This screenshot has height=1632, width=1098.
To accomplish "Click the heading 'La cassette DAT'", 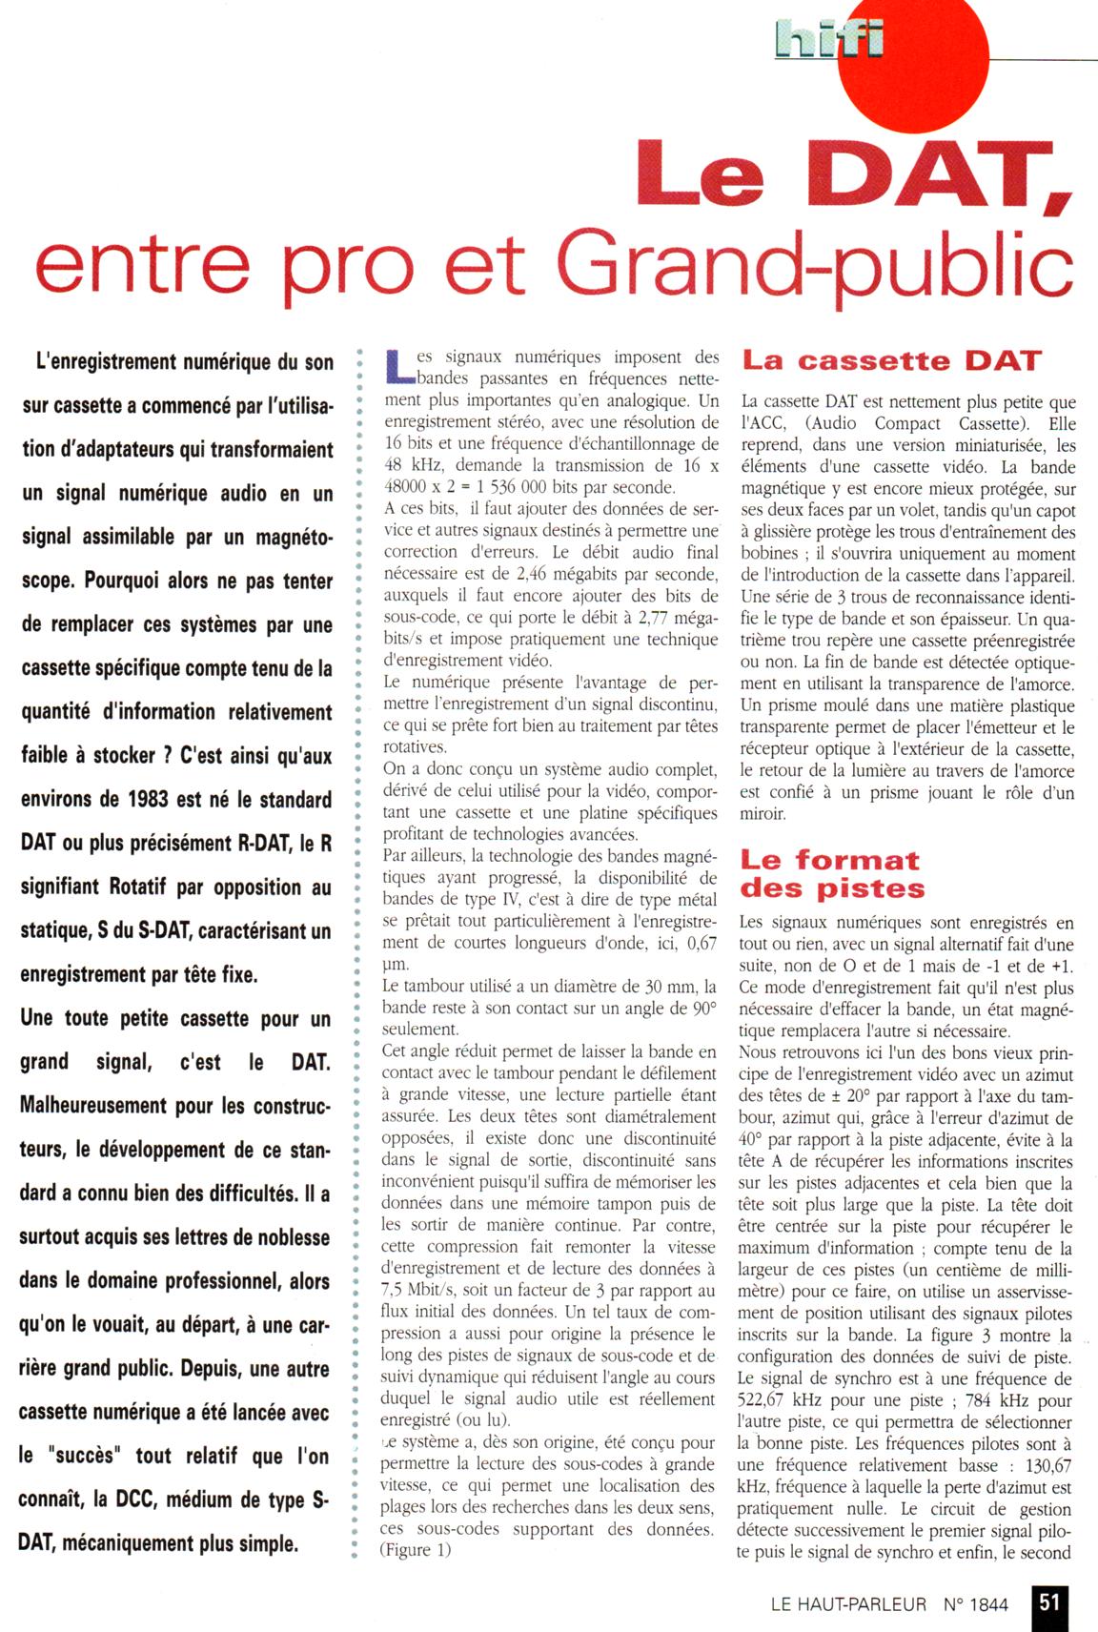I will tap(891, 361).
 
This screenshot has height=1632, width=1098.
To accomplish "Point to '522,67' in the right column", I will tap(766, 1400).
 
